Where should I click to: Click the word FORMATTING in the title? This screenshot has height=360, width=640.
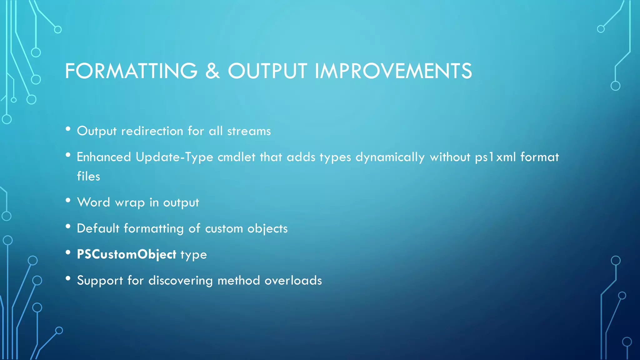coord(131,71)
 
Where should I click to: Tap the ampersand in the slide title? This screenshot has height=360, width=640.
coord(212,71)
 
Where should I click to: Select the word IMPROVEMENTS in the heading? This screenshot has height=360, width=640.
coord(393,71)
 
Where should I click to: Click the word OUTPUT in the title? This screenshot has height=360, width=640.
coord(267,71)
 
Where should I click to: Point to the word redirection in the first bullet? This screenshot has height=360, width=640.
coord(152,131)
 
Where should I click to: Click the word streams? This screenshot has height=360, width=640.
coord(249,131)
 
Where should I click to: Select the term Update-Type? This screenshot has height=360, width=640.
coord(174,157)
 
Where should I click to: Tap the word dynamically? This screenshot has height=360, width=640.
coord(390,157)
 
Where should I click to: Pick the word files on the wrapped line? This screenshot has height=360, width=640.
coord(88,176)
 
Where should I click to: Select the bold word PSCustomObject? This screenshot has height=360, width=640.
coord(127,254)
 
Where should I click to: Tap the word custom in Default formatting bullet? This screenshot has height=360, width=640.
coord(224,229)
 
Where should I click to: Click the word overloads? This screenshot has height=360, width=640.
coord(293,280)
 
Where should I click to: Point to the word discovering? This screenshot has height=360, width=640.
coord(181,280)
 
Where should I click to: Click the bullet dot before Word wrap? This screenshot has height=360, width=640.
coord(68,201)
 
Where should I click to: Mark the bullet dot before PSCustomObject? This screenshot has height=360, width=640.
coord(68,252)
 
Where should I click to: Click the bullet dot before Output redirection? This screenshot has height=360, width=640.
coord(68,129)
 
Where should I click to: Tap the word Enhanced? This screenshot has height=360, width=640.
coord(104,157)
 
